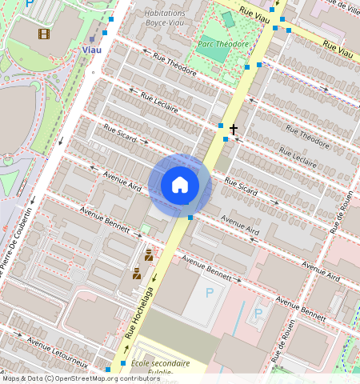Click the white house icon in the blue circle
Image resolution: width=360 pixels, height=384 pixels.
[x=180, y=185]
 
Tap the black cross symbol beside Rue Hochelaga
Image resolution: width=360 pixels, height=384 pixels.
[x=234, y=129]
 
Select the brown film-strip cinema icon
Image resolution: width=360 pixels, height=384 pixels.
[x=43, y=34]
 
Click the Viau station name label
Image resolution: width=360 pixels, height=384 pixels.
[x=92, y=49]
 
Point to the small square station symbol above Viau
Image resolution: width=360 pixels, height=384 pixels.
[x=92, y=38]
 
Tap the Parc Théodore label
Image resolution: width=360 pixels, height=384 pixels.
[x=223, y=45]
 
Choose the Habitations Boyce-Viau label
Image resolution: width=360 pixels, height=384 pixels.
[x=164, y=18]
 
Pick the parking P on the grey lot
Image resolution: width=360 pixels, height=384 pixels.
[x=210, y=293]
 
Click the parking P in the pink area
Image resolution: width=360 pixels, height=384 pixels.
[x=258, y=313]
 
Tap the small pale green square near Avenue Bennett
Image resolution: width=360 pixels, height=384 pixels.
[x=145, y=229]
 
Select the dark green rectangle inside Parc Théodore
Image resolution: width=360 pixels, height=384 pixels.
[x=227, y=19]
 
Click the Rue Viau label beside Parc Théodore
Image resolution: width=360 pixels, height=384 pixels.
[x=256, y=14]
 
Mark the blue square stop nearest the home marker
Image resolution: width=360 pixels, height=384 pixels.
[x=190, y=218]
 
